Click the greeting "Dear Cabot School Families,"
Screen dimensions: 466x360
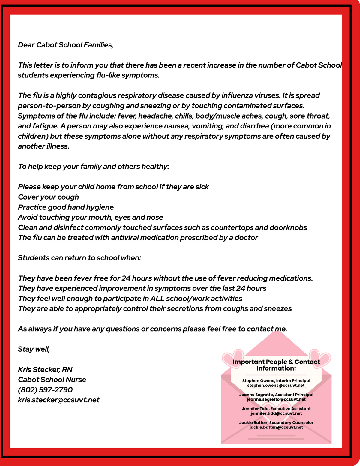[66, 45]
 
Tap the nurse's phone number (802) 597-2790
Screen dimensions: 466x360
[45, 390]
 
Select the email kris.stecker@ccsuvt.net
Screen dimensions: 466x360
[59, 400]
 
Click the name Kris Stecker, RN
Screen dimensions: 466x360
[45, 369]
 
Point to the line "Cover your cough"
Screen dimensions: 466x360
[49, 197]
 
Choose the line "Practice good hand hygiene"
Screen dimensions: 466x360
[66, 207]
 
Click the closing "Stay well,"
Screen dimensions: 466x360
[34, 349]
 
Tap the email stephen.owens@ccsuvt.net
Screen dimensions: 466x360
[276, 385]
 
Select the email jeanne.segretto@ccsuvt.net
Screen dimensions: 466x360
[276, 399]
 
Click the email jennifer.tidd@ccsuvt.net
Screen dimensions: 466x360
[276, 413]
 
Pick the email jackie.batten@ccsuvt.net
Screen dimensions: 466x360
[276, 427]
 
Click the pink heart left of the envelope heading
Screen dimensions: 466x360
[232, 357]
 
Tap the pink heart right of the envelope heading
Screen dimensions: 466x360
[320, 357]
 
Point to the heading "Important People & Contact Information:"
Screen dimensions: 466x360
[276, 365]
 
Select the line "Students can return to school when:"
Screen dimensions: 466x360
[79, 258]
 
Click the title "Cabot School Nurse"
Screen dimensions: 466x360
[52, 380]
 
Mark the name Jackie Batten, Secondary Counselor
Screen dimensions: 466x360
[276, 422]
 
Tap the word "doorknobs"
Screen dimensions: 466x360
[288, 227]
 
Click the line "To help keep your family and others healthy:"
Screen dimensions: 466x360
[94, 167]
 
